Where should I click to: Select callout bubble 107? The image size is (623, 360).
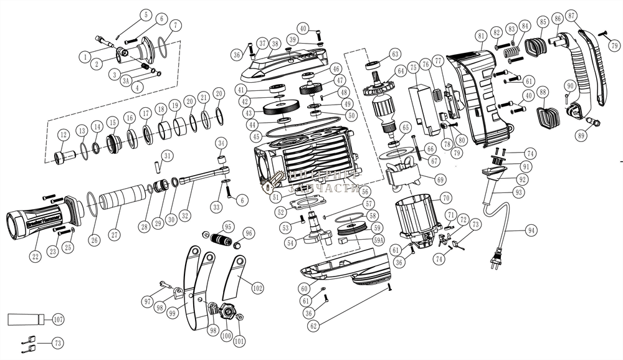pyautogui.click(x=58, y=320)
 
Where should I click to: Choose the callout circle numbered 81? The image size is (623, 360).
pyautogui.click(x=480, y=36)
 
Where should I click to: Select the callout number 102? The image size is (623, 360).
pyautogui.click(x=257, y=288)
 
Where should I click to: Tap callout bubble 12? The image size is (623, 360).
pyautogui.click(x=63, y=135)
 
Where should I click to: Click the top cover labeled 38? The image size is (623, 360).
pyautogui.click(x=293, y=62)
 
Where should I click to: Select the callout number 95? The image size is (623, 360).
pyautogui.click(x=228, y=226)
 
